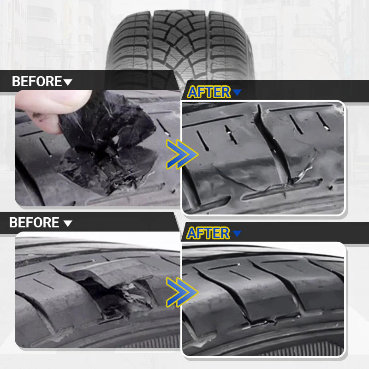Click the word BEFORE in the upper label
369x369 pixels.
point(36,82)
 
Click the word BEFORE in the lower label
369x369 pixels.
point(34,223)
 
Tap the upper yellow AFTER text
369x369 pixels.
point(208,92)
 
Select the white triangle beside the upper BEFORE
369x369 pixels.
point(68,83)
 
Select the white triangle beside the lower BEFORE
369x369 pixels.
point(67,224)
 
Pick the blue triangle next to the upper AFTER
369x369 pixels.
point(237,93)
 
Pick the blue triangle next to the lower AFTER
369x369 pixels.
point(237,234)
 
